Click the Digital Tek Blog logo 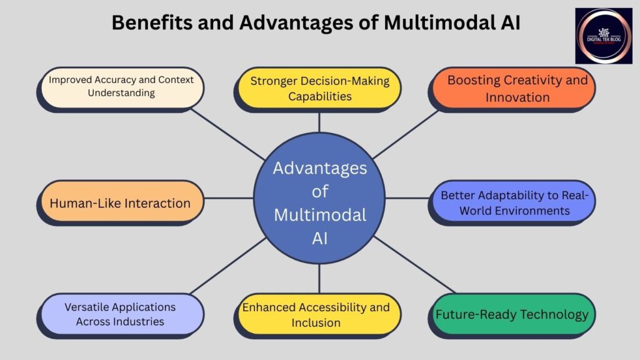click(x=604, y=36)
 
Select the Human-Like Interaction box click(x=120, y=203)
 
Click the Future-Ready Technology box click(x=511, y=314)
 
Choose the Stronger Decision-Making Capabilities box click(x=319, y=88)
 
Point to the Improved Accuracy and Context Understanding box click(x=121, y=87)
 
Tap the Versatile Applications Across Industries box click(x=120, y=314)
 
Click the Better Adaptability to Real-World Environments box click(x=514, y=203)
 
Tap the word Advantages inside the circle click(x=319, y=168)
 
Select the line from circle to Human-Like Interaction click(x=228, y=199)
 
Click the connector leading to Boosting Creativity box click(x=406, y=133)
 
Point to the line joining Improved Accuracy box click(x=228, y=134)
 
